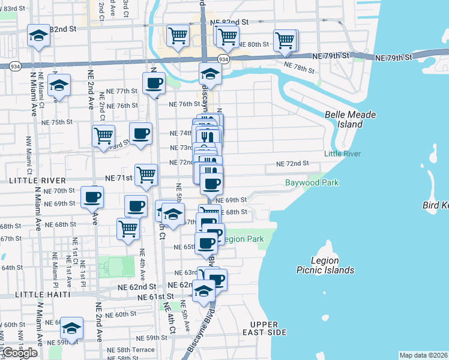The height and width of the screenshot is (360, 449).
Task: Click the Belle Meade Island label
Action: (x=344, y=119)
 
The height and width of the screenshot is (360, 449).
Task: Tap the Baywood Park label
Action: (x=312, y=182)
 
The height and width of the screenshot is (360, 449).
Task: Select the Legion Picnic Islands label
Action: (x=325, y=265)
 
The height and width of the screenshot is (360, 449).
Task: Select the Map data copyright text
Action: (x=423, y=355)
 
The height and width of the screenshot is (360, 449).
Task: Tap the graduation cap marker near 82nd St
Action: (x=39, y=35)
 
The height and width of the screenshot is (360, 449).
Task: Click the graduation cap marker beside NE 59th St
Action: (x=71, y=328)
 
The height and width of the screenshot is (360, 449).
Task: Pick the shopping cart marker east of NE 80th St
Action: (x=285, y=40)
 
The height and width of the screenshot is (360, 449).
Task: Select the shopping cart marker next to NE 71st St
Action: (x=146, y=175)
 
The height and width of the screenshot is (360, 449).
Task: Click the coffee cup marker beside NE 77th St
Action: (x=154, y=83)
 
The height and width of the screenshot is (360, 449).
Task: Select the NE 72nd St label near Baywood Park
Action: (x=292, y=163)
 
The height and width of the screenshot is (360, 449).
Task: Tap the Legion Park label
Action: (x=245, y=239)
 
